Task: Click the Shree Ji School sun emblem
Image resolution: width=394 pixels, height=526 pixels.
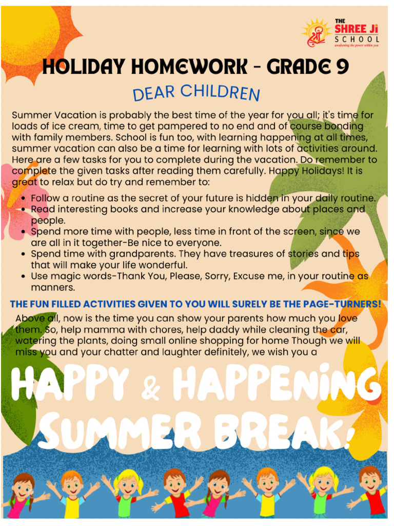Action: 316,33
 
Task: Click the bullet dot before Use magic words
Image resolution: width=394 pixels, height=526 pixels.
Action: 24,276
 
